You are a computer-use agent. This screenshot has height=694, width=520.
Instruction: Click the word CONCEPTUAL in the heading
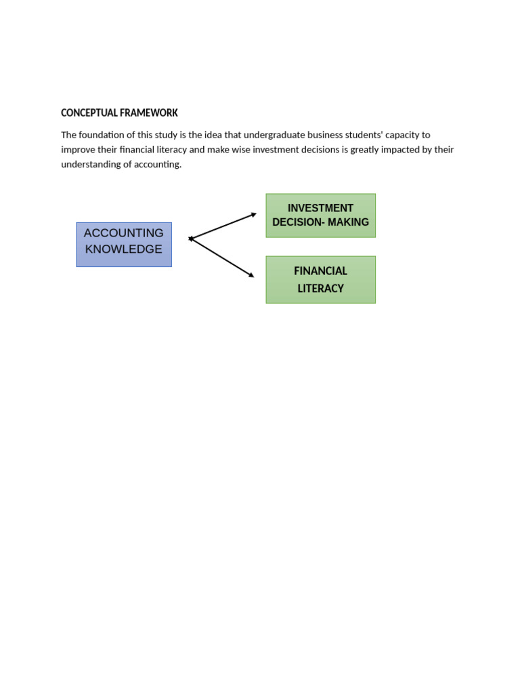point(85,113)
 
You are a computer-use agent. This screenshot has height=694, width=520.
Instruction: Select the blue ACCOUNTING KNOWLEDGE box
point(124,245)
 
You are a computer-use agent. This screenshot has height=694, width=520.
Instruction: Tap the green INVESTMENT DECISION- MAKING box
point(320,216)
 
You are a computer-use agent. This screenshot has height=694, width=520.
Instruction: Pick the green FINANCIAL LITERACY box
point(320,279)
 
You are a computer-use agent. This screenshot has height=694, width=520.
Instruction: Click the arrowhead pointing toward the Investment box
point(253,214)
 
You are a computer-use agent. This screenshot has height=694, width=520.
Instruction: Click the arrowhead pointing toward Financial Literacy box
point(251,274)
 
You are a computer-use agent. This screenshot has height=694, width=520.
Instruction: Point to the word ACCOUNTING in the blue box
point(124,233)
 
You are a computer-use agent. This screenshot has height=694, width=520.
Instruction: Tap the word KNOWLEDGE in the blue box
point(124,249)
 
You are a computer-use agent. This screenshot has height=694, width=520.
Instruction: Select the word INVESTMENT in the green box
point(320,208)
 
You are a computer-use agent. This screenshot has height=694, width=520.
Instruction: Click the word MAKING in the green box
point(348,222)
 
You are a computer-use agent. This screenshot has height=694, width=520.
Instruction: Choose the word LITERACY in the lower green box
point(320,289)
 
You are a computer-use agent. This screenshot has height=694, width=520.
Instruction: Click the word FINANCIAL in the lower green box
point(320,271)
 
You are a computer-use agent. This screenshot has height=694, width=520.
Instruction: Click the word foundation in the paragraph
point(102,135)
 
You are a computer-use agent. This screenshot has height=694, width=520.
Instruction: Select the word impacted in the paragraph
point(401,150)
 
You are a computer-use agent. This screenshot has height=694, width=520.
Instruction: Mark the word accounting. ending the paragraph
point(159,165)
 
